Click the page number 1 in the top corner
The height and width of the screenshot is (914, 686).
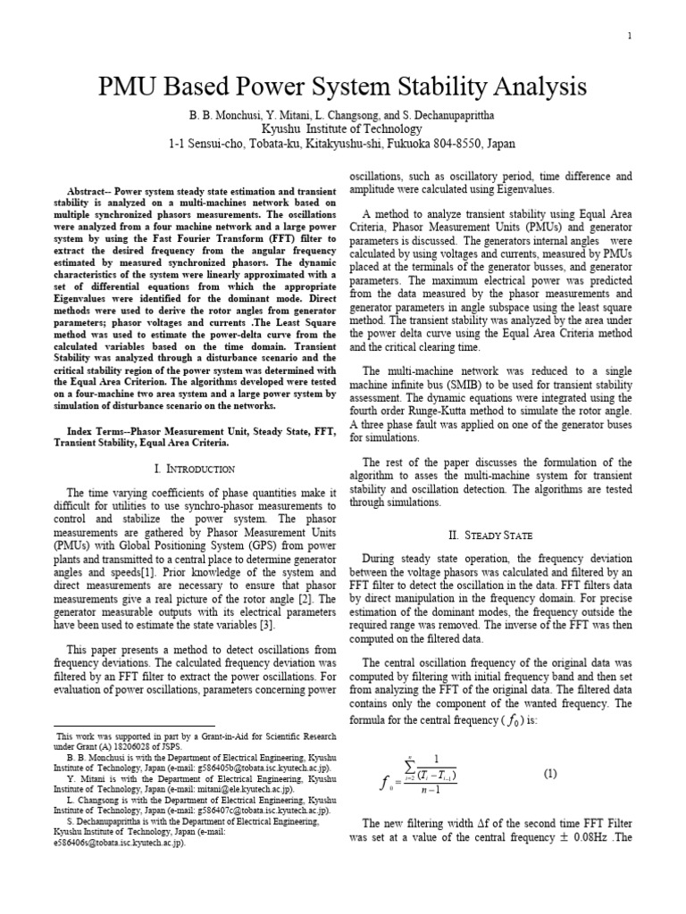(630, 36)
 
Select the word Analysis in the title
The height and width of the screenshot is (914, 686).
(535, 87)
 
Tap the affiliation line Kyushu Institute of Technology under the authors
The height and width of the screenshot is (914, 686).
(343, 129)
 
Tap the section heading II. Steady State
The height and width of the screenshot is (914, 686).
(489, 535)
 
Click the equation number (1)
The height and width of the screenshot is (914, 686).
(550, 774)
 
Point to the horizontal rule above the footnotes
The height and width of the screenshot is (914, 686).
(134, 727)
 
